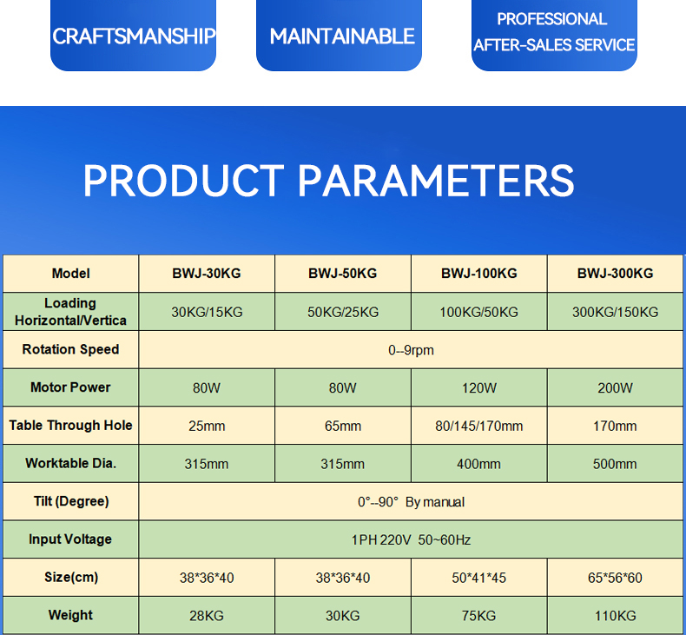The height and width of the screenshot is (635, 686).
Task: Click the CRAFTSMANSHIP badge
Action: [x=133, y=35]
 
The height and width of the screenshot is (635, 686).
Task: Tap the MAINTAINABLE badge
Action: [x=339, y=35]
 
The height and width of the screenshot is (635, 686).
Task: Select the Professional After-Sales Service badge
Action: [x=554, y=35]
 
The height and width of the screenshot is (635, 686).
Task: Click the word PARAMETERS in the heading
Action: [x=436, y=181]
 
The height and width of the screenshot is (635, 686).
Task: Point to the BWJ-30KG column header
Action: [x=207, y=274]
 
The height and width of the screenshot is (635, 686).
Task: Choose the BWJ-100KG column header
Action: [x=479, y=274]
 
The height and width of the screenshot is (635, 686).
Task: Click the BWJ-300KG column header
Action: [x=615, y=274]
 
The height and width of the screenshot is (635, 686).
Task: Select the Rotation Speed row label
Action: [x=70, y=349]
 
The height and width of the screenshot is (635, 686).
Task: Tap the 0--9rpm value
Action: [x=411, y=350]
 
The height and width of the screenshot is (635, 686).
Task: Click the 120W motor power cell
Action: [x=479, y=387]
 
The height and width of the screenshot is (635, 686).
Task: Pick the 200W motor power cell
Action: [x=615, y=387]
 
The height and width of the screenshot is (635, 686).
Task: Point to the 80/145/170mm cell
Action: [x=479, y=426]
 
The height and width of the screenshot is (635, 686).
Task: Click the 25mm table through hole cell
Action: [x=207, y=426]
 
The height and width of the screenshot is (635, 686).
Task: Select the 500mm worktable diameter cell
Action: [x=615, y=464]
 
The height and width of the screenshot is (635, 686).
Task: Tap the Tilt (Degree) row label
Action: [x=71, y=501]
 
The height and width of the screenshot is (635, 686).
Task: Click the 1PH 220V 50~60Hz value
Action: [x=411, y=539]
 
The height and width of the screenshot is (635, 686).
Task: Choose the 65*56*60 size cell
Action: [x=615, y=578]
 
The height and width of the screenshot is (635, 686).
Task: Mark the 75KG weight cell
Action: [x=479, y=616]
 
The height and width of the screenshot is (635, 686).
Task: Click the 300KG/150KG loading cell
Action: [x=615, y=312]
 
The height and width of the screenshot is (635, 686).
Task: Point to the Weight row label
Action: [x=70, y=615]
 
